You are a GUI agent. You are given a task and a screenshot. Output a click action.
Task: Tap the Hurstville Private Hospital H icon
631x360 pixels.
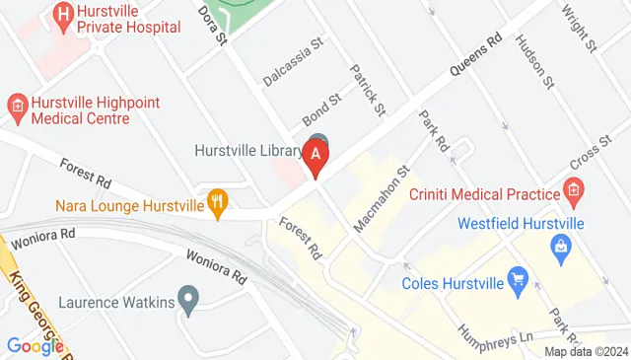(64, 14)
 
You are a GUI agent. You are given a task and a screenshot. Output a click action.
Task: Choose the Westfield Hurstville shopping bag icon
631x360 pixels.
(563, 246)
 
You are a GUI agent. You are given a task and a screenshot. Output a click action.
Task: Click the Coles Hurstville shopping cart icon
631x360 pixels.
(517, 282)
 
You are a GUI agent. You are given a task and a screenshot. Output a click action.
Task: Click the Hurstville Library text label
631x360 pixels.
(247, 150)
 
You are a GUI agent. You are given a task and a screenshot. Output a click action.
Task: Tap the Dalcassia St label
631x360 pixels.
(294, 61)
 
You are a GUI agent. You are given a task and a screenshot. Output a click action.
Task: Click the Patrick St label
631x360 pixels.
(367, 89)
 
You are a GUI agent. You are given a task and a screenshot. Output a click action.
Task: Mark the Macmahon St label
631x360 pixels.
(382, 199)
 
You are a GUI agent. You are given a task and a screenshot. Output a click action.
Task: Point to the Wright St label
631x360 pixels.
(580, 29)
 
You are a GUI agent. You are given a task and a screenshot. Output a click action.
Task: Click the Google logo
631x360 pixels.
(35, 345)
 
